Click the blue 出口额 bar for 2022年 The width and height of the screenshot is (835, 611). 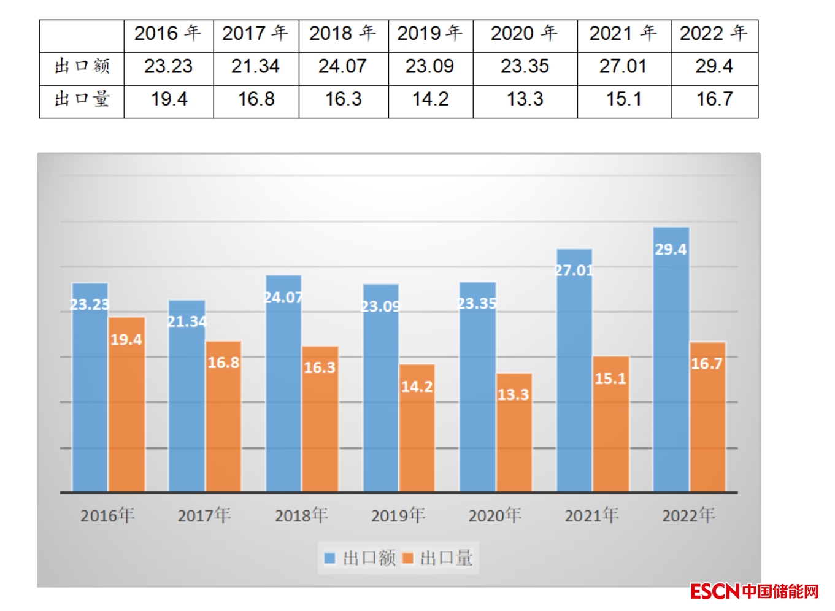(x=671, y=368)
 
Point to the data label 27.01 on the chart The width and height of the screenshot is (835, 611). (x=574, y=271)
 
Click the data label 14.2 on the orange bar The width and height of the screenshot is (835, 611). (x=417, y=386)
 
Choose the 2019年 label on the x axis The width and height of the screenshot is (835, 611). (x=398, y=515)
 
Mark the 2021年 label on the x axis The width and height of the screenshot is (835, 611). (x=591, y=515)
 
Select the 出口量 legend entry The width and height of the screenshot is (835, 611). (x=439, y=558)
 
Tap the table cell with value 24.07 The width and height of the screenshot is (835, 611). (x=342, y=66)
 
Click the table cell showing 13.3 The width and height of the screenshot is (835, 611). (x=525, y=99)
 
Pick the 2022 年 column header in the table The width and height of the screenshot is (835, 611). (x=714, y=33)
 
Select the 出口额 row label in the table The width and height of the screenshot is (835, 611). (x=82, y=66)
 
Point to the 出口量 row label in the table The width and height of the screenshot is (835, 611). (x=82, y=99)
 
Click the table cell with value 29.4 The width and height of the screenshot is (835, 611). (x=714, y=66)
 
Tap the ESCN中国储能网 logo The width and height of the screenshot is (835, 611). (x=754, y=591)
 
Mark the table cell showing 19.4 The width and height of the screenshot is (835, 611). (x=169, y=99)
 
